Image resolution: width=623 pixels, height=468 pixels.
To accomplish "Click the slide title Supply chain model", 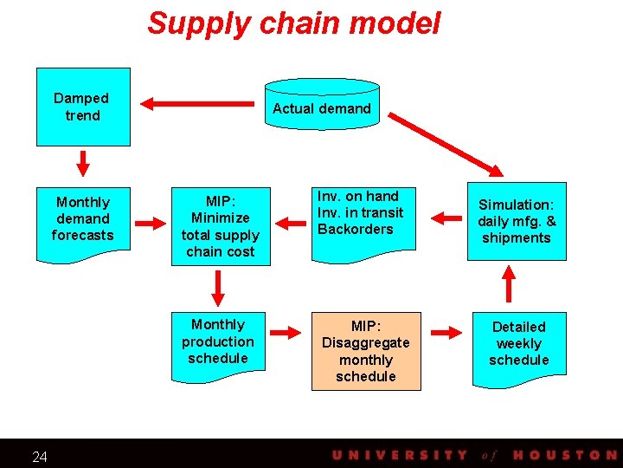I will (x=293, y=23).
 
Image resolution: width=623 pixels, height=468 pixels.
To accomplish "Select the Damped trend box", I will (x=82, y=107).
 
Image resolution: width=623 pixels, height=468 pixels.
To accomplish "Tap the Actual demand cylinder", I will (x=321, y=108).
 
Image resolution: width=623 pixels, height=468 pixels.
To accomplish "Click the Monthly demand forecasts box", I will (x=82, y=219).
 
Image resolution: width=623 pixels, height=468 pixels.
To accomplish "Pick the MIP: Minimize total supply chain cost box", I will (x=220, y=225).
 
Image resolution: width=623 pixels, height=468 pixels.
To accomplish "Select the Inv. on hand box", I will (x=360, y=213).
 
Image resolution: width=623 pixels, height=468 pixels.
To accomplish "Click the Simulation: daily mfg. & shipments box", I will (x=517, y=221).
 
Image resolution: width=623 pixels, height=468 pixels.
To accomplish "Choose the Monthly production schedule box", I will (x=217, y=341).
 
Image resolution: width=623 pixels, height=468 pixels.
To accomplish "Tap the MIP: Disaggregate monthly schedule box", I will (x=366, y=351).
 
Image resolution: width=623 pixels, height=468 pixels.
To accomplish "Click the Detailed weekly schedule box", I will (x=518, y=343).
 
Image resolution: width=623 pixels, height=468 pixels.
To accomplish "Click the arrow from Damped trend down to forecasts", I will (x=83, y=162).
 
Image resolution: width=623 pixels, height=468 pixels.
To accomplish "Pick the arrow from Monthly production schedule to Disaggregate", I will (x=282, y=331).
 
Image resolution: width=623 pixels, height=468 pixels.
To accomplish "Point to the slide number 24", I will (x=40, y=457).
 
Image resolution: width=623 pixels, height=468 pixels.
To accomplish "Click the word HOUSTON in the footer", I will (x=564, y=455).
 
